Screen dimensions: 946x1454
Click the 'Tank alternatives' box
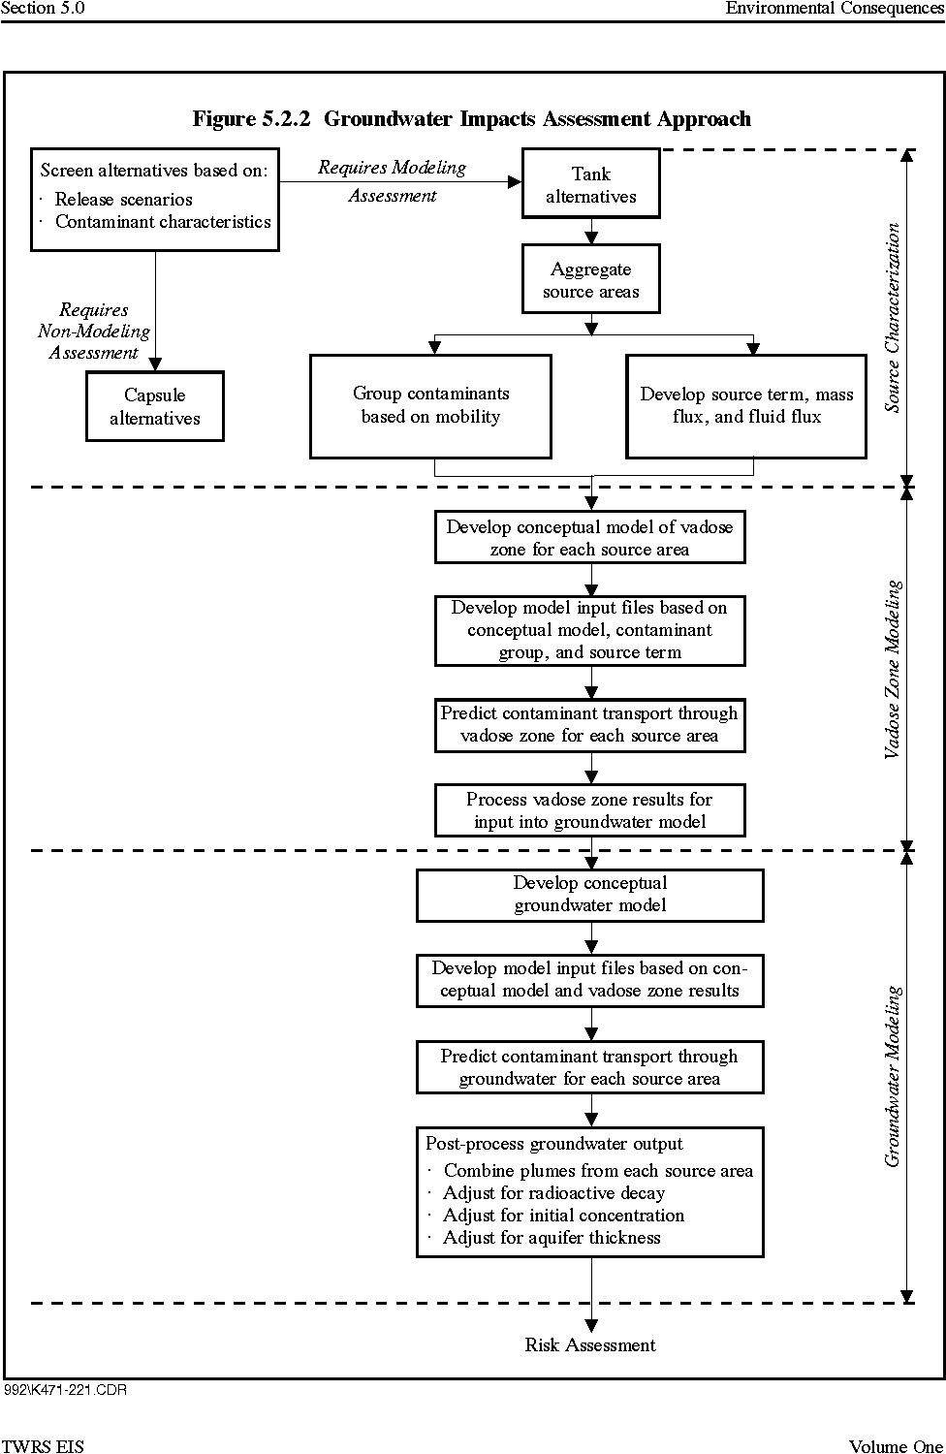click(x=591, y=184)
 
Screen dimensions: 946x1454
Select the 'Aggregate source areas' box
click(x=591, y=279)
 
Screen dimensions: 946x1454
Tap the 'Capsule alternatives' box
click(x=154, y=406)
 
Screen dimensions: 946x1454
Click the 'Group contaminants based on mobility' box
click(x=430, y=406)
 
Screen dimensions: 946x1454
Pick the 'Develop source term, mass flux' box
click(x=746, y=406)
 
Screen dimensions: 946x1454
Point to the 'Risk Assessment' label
click(x=590, y=1345)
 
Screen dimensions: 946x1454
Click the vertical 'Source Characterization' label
click(x=893, y=317)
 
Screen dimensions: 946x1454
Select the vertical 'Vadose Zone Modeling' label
click(x=893, y=669)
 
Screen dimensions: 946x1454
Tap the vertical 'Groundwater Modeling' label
click(x=893, y=1076)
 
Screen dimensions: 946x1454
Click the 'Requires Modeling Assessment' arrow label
click(x=393, y=181)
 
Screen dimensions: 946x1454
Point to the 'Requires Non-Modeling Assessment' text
click(x=94, y=332)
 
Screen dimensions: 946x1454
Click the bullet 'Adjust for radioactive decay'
click(x=553, y=1193)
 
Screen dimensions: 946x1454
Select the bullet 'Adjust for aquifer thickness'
click(x=552, y=1238)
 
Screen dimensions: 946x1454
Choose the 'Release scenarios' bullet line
click(x=123, y=200)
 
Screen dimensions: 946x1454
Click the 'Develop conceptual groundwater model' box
click(x=589, y=895)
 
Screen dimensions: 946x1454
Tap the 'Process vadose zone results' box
click(x=589, y=810)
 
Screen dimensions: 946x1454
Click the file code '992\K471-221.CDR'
click(x=66, y=1390)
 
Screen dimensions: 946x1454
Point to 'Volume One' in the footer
click(x=896, y=1446)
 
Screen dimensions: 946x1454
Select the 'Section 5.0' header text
click(x=43, y=8)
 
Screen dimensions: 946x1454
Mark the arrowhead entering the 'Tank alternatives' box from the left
click(x=515, y=182)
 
